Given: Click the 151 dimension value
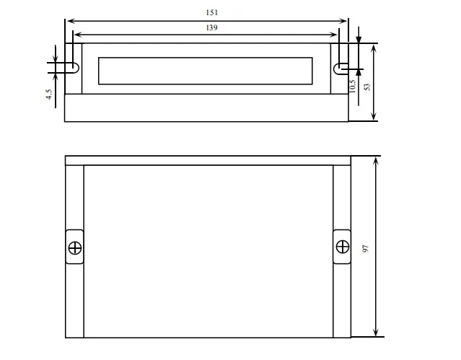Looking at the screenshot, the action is pyautogui.click(x=211, y=13).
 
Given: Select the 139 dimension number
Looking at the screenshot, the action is pyautogui.click(x=211, y=27).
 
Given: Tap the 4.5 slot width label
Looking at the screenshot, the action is pyautogui.click(x=49, y=95).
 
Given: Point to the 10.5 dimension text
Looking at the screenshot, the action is pyautogui.click(x=352, y=86).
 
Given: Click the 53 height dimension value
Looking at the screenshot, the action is pyautogui.click(x=367, y=87).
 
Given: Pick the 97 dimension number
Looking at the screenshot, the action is pyautogui.click(x=366, y=248).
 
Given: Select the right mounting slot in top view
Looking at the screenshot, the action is pyautogui.click(x=341, y=69).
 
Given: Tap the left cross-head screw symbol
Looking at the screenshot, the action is pyautogui.click(x=75, y=247).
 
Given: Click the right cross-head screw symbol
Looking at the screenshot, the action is pyautogui.click(x=343, y=247).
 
